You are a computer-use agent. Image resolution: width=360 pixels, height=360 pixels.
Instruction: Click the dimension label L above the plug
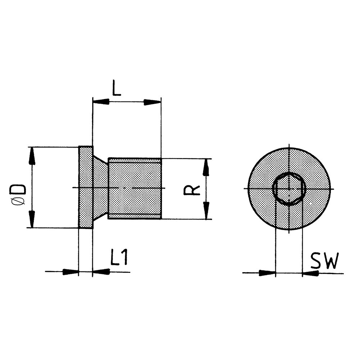[116, 88]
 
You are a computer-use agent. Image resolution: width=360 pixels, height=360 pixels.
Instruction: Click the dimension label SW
[324, 262]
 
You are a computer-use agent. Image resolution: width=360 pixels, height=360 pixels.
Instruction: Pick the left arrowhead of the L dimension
[101, 102]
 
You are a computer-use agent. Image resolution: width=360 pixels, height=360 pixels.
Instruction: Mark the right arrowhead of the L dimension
[153, 102]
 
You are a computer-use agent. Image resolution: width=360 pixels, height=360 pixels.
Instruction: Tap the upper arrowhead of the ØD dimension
[32, 156]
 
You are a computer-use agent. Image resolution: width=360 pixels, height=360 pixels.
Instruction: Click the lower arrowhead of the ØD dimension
[32, 219]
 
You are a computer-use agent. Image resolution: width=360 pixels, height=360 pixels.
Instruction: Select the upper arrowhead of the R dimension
[206, 167]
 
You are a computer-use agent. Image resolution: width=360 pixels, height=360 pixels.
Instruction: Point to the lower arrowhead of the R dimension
[206, 210]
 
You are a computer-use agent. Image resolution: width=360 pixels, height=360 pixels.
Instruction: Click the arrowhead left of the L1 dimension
[71, 272]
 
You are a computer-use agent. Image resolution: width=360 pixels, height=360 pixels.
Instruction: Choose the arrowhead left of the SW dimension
[267, 273]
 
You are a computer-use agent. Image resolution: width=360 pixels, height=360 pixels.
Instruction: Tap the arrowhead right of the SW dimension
[310, 273]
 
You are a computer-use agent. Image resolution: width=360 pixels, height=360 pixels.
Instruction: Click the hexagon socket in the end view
[289, 188]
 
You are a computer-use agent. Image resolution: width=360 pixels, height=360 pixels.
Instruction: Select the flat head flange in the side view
[86, 187]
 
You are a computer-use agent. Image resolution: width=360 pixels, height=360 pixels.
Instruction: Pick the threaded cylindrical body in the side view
[135, 188]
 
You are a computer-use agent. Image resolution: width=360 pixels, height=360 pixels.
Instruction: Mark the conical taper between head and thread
[100, 187]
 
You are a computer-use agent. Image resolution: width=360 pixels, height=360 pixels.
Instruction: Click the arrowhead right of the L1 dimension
[101, 272]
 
